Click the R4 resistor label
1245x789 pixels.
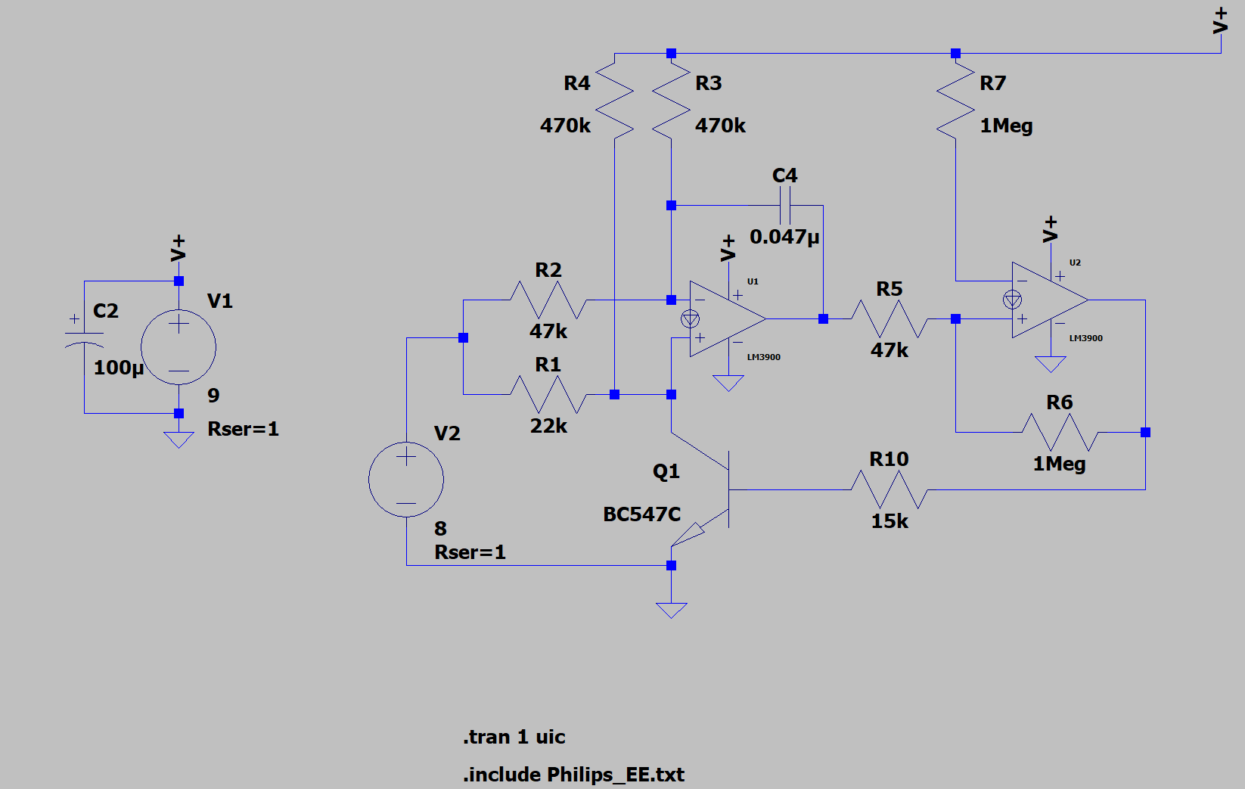coord(576,83)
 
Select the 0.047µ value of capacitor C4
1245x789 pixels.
coord(784,237)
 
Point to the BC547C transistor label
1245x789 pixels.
coord(642,514)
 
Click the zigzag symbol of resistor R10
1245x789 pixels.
coord(890,489)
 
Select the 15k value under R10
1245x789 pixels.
coord(890,521)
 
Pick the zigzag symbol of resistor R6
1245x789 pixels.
coord(1060,432)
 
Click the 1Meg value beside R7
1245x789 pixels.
coord(1006,126)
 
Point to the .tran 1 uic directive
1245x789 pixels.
coord(514,737)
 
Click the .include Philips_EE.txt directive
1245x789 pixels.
coord(573,775)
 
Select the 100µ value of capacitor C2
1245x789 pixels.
coord(119,368)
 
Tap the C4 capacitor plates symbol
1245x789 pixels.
coord(785,205)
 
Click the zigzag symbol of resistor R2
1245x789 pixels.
coord(548,300)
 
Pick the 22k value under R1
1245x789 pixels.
coord(548,426)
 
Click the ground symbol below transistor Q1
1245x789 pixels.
coord(672,610)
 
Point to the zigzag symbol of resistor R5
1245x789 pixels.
coord(890,318)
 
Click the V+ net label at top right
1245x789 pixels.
coord(1220,20)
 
